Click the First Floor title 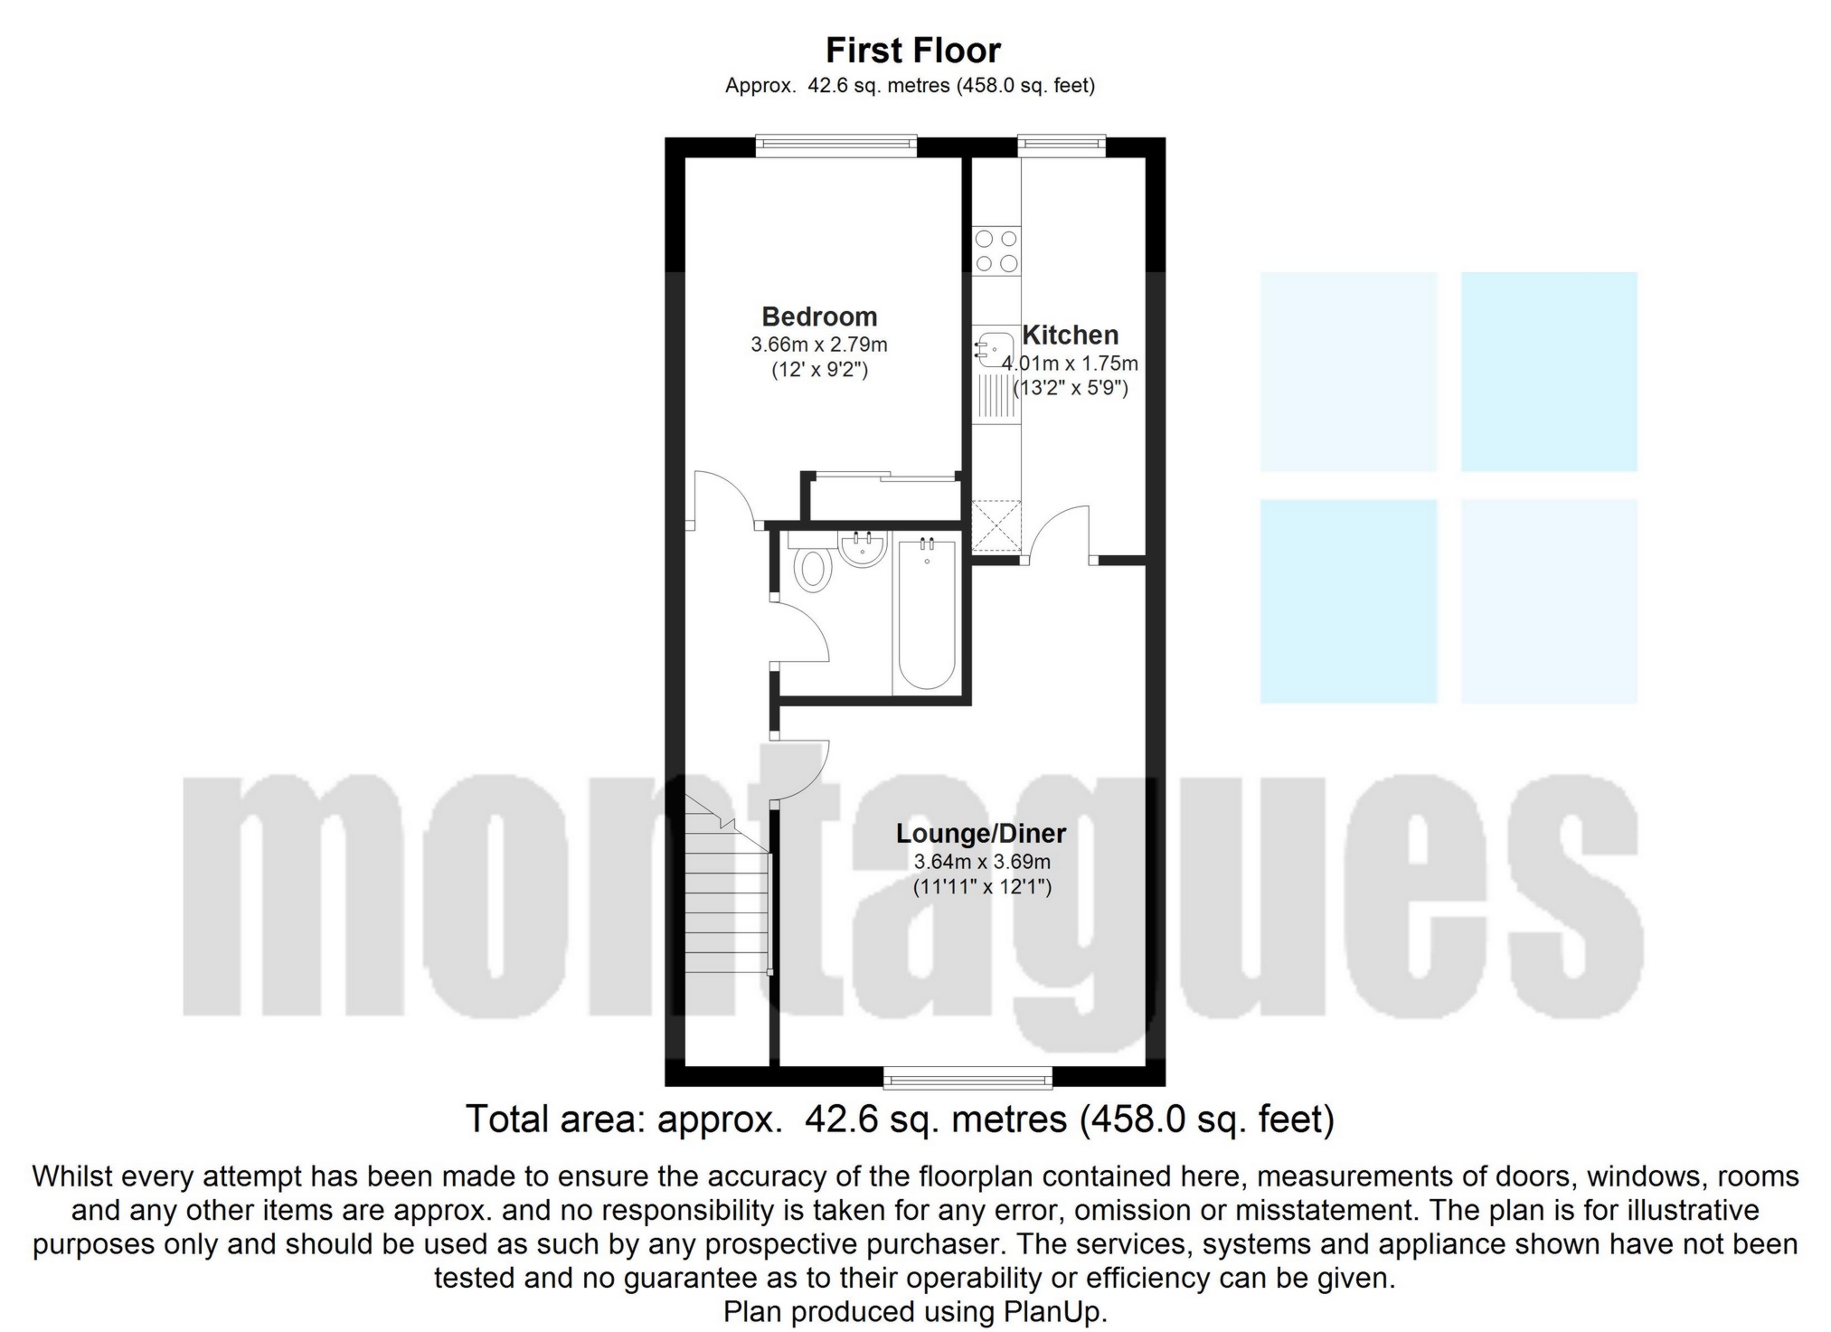click(912, 51)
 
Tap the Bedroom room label click(819, 316)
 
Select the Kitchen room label click(1070, 335)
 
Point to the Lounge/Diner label click(981, 833)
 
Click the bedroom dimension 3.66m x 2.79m click(818, 345)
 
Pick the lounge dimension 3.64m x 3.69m click(982, 862)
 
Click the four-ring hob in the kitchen click(996, 250)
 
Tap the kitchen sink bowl click(996, 349)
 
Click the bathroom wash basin click(861, 548)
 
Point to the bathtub click(926, 615)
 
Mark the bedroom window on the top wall click(836, 145)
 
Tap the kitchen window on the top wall click(1062, 145)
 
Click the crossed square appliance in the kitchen click(996, 526)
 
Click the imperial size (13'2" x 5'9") click(1071, 389)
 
